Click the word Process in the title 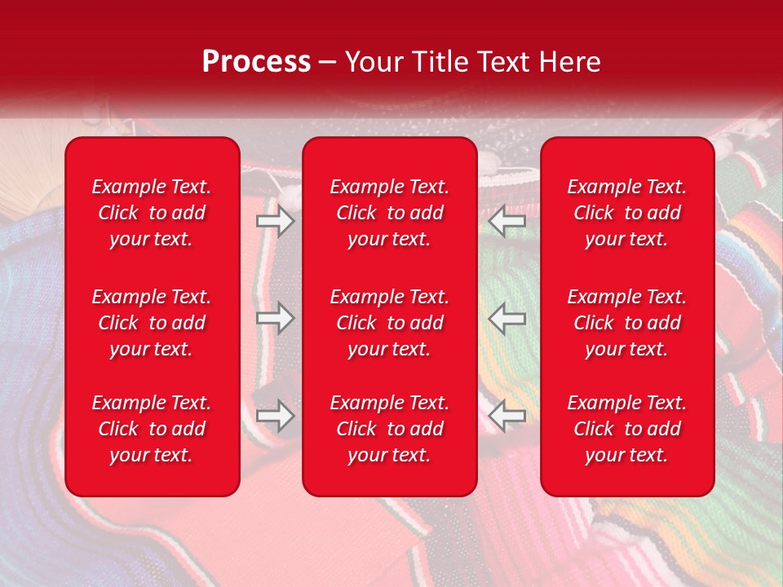tap(256, 62)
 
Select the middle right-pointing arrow tap(276, 318)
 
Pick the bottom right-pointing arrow tap(276, 417)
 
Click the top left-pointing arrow tap(507, 220)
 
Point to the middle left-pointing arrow tap(507, 318)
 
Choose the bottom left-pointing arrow tap(507, 417)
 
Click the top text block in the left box tap(152, 213)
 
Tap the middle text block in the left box tap(152, 323)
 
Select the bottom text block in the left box tap(152, 429)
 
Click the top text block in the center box tap(390, 213)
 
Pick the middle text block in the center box tap(390, 323)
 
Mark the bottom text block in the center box tap(390, 429)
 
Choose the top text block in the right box tap(627, 213)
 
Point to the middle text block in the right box tap(627, 323)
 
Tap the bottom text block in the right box tap(627, 429)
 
